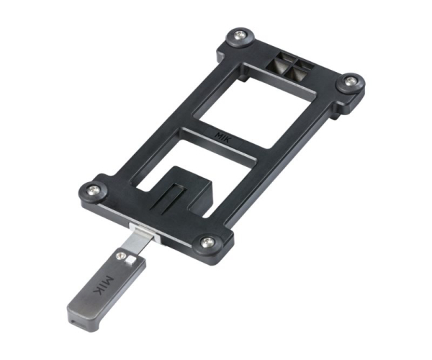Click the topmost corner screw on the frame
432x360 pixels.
click(x=238, y=35)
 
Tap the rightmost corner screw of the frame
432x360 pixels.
click(x=351, y=81)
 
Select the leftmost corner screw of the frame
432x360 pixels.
click(x=92, y=189)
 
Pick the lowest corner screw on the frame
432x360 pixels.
click(x=207, y=242)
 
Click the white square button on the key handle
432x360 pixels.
click(x=130, y=259)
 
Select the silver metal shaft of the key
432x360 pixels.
click(x=137, y=242)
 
